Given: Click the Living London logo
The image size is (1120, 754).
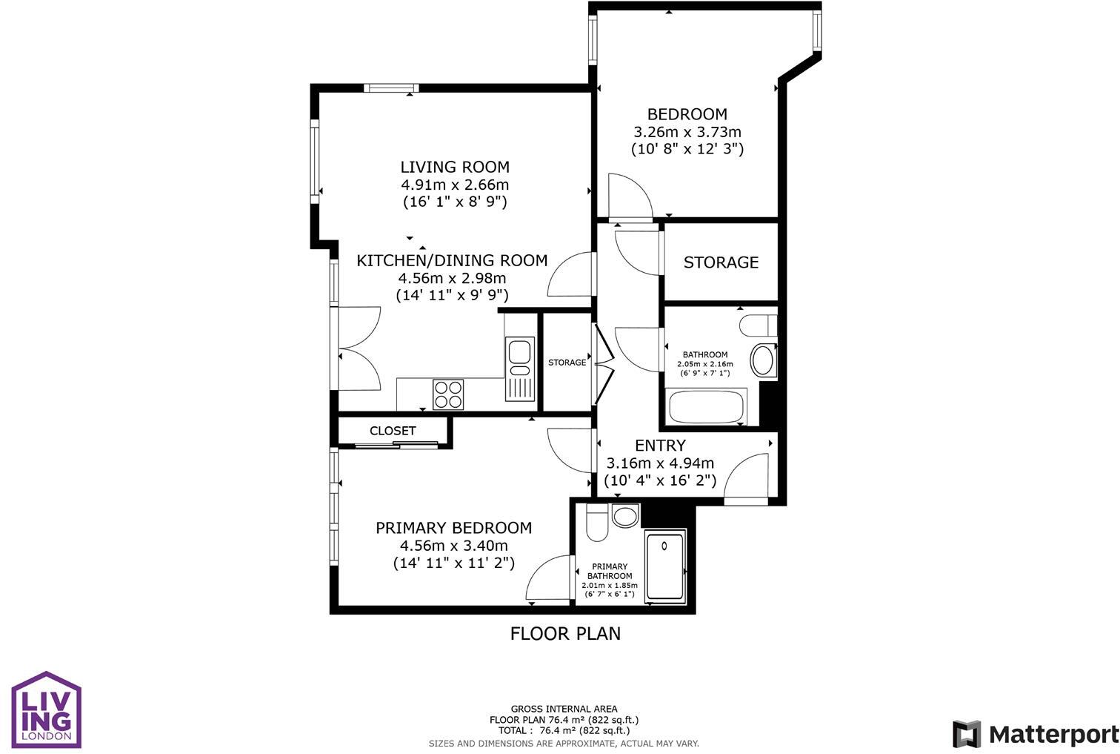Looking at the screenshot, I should pyautogui.click(x=46, y=710).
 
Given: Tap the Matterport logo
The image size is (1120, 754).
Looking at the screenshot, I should pyautogui.click(x=1036, y=734).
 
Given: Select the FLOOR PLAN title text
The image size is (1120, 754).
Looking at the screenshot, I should pyautogui.click(x=565, y=633).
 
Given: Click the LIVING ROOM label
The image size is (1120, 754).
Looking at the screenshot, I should pyautogui.click(x=455, y=167).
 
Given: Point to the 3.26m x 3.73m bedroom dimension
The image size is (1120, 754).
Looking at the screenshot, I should pyautogui.click(x=687, y=132).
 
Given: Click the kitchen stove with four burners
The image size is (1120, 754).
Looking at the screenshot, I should pyautogui.click(x=448, y=394).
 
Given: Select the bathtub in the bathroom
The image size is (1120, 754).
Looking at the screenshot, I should pyautogui.click(x=706, y=407).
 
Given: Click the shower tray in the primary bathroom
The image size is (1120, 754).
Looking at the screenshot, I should pyautogui.click(x=665, y=567).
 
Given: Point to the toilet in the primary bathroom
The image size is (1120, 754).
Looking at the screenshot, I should pyautogui.click(x=596, y=524).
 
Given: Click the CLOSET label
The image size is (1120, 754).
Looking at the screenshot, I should pyautogui.click(x=393, y=431).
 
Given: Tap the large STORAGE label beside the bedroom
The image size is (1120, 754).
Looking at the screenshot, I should pyautogui.click(x=721, y=262).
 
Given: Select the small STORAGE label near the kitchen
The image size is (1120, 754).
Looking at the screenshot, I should pyautogui.click(x=567, y=363).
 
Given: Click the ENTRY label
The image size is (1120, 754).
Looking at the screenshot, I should pyautogui.click(x=660, y=446).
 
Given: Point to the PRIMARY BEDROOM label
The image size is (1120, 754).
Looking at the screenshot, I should pyautogui.click(x=453, y=528).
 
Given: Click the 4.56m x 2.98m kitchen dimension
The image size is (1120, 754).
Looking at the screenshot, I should pyautogui.click(x=452, y=278).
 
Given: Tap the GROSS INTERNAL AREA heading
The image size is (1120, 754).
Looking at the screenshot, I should pyautogui.click(x=564, y=709).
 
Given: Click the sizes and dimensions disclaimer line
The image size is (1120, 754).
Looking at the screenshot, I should pyautogui.click(x=564, y=743).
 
